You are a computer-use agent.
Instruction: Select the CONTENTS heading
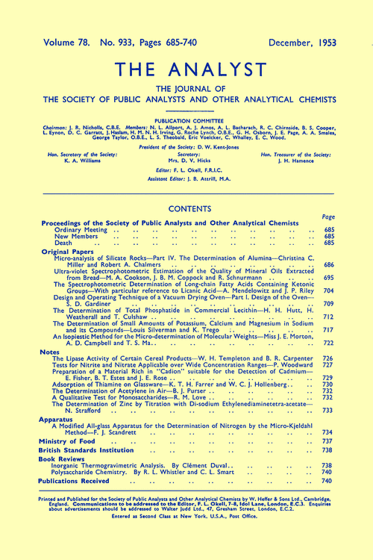pos(186,210)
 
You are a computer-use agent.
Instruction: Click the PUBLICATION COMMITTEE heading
pos(186,119)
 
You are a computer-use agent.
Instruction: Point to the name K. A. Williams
pos(81,160)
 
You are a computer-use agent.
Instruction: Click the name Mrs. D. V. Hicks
pos(186,160)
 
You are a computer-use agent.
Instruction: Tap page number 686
pos(327,265)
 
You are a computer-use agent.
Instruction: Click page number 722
pos(327,343)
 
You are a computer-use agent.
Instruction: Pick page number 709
pos(327,304)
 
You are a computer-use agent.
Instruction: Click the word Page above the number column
pos(326,216)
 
